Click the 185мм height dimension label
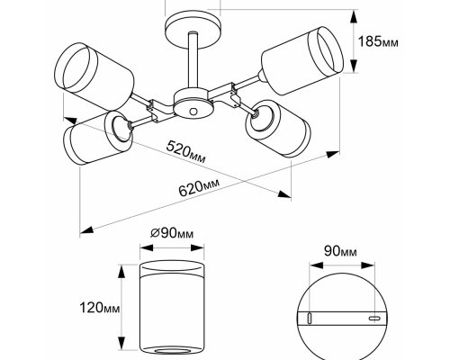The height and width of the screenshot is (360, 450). (378, 41)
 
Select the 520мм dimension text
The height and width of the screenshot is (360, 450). (185, 151)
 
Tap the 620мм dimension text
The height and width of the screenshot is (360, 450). (199, 187)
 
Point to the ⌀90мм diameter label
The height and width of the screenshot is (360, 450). (172, 233)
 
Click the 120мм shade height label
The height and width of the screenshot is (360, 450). (100, 308)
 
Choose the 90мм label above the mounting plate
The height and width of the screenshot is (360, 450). (340, 251)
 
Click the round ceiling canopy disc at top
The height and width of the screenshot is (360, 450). (193, 30)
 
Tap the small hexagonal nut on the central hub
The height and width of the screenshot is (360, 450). (193, 111)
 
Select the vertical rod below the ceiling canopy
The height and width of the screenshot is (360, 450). (193, 60)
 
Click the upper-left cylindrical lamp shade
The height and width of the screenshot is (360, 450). (94, 76)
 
